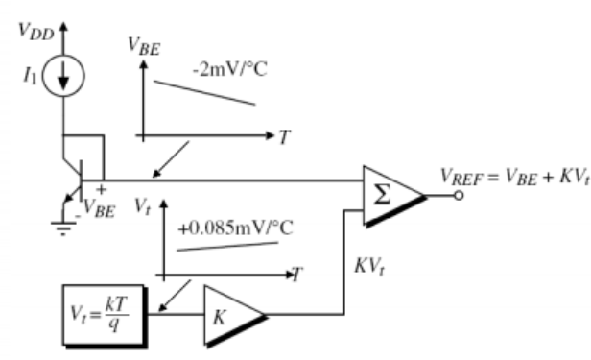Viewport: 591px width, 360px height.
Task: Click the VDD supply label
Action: click(x=36, y=31)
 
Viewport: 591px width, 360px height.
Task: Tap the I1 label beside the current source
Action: click(x=30, y=75)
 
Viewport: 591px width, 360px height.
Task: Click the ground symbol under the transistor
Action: click(x=63, y=228)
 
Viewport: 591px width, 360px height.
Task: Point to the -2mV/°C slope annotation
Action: click(x=229, y=69)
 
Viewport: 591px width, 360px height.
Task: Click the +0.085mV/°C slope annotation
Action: click(x=235, y=228)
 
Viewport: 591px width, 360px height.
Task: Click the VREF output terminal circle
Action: click(x=459, y=195)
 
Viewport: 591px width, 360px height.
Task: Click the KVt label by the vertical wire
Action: click(x=369, y=267)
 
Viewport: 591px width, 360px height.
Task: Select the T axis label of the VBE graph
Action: click(x=285, y=137)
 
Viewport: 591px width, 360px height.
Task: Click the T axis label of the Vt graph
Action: click(x=297, y=275)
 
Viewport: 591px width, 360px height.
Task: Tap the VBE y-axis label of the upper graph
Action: click(x=144, y=46)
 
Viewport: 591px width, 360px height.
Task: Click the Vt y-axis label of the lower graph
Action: click(x=143, y=206)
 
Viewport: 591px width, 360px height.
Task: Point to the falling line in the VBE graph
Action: click(x=204, y=93)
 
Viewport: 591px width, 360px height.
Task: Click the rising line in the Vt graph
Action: click(x=227, y=247)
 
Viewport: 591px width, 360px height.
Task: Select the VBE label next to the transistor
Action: click(x=99, y=208)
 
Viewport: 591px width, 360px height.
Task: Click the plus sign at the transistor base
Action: click(x=101, y=189)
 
